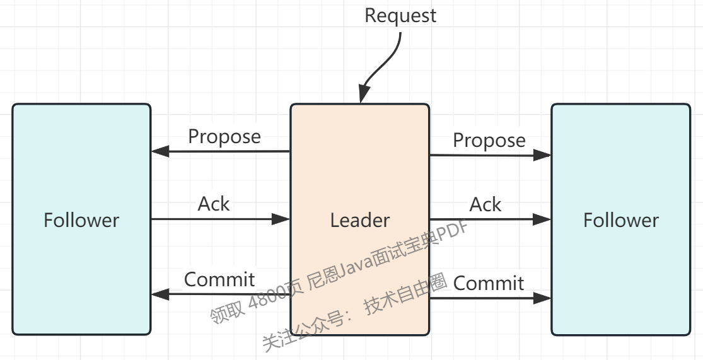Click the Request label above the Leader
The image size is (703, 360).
click(x=400, y=15)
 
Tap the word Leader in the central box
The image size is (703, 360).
click(x=360, y=220)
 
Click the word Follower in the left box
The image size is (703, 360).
click(x=81, y=220)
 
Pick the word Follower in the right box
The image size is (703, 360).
click(x=621, y=220)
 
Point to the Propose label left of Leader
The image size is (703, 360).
click(x=224, y=136)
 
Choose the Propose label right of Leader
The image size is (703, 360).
click(x=489, y=140)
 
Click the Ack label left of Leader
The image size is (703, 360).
click(x=214, y=204)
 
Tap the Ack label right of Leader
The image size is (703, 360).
click(x=485, y=204)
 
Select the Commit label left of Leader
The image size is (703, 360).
click(x=219, y=279)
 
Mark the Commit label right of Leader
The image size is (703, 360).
click(x=489, y=283)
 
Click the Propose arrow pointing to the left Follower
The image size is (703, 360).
click(x=221, y=151)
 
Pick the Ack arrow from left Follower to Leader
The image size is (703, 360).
click(x=221, y=219)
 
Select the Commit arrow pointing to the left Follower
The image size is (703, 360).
click(x=221, y=294)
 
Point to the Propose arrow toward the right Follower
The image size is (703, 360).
click(x=491, y=155)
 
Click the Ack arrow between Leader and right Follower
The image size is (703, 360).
click(x=491, y=219)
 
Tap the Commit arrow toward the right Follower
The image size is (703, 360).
click(x=491, y=298)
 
